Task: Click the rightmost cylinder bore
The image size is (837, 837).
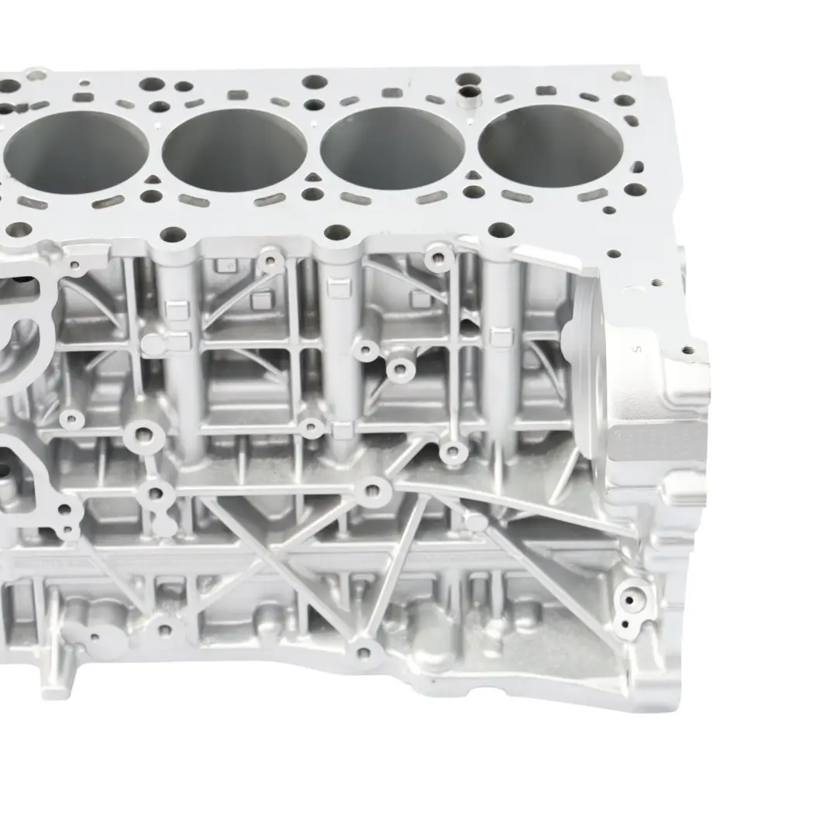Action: pos(551,145)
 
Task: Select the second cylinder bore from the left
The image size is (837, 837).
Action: pos(234,149)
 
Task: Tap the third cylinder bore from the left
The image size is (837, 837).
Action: pos(393,147)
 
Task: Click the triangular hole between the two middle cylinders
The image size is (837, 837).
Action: pos(313,181)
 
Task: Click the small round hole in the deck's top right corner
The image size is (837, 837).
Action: pos(621,76)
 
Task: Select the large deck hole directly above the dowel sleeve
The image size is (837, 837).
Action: pos(469,79)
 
